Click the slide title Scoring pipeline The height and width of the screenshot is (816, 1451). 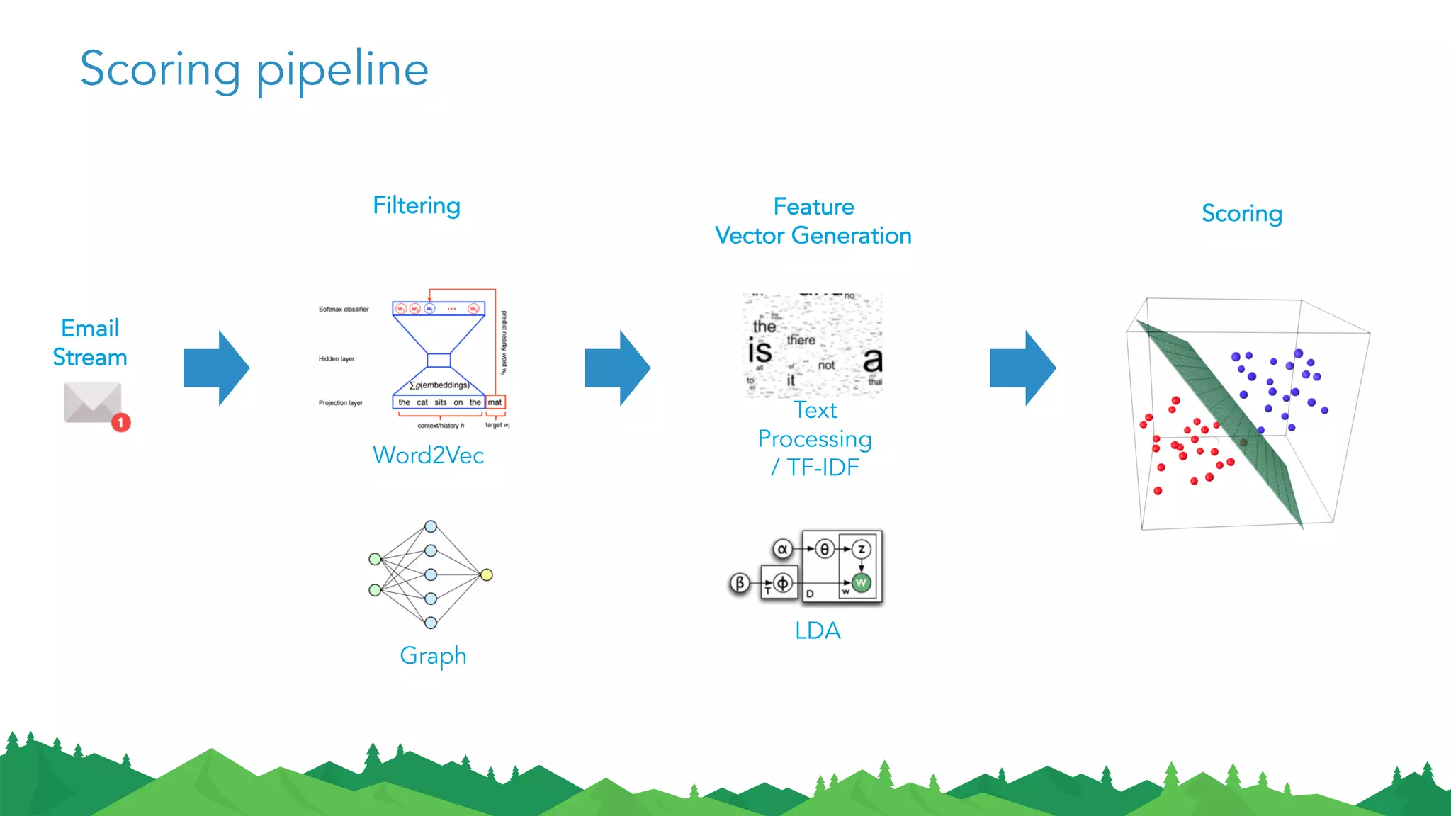(254, 70)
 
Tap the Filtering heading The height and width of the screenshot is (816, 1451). (417, 205)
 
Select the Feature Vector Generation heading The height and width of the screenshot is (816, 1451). (813, 221)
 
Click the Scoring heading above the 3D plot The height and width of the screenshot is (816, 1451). (1241, 213)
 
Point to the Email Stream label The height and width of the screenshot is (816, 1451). (90, 343)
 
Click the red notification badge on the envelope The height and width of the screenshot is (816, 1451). (121, 422)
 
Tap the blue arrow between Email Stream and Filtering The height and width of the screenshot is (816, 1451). (216, 368)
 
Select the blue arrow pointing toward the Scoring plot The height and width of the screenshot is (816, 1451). (1022, 368)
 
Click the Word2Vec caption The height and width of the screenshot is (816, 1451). (428, 455)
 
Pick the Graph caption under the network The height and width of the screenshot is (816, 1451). (433, 655)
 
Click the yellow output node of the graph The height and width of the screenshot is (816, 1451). (486, 574)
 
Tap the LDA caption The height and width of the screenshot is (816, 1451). (818, 630)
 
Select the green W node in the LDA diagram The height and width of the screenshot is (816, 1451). (861, 582)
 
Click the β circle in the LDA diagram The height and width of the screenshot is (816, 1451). (739, 583)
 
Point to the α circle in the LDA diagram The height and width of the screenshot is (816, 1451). (782, 549)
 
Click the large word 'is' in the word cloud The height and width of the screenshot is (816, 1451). (760, 351)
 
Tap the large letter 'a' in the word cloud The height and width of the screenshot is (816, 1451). (872, 359)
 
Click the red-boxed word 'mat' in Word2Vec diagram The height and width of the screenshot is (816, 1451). (495, 402)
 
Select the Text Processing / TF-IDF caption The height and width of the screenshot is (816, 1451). (815, 438)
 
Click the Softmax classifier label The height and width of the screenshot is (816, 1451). (344, 310)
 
